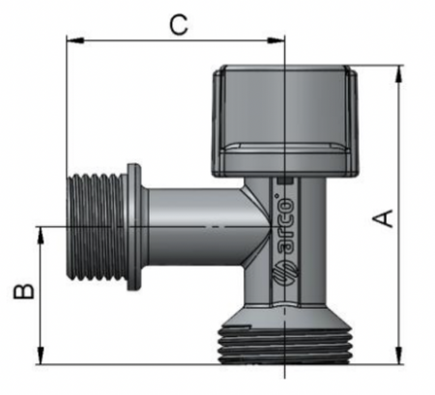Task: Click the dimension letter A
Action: coord(385,219)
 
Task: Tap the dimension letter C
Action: coord(178,25)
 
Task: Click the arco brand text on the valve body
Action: coord(286,223)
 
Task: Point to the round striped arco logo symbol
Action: coord(286,269)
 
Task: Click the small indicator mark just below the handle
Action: coord(284,181)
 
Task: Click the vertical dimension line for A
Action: coord(398,145)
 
